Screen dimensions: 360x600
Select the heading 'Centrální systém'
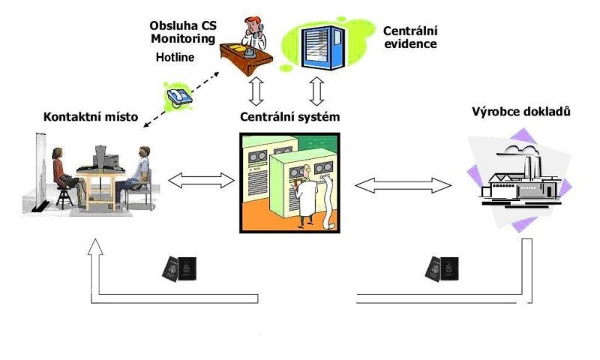[289, 117]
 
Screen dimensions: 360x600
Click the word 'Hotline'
[175, 57]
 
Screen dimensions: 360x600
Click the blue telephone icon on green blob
[179, 96]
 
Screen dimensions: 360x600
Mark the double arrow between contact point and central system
[201, 180]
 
